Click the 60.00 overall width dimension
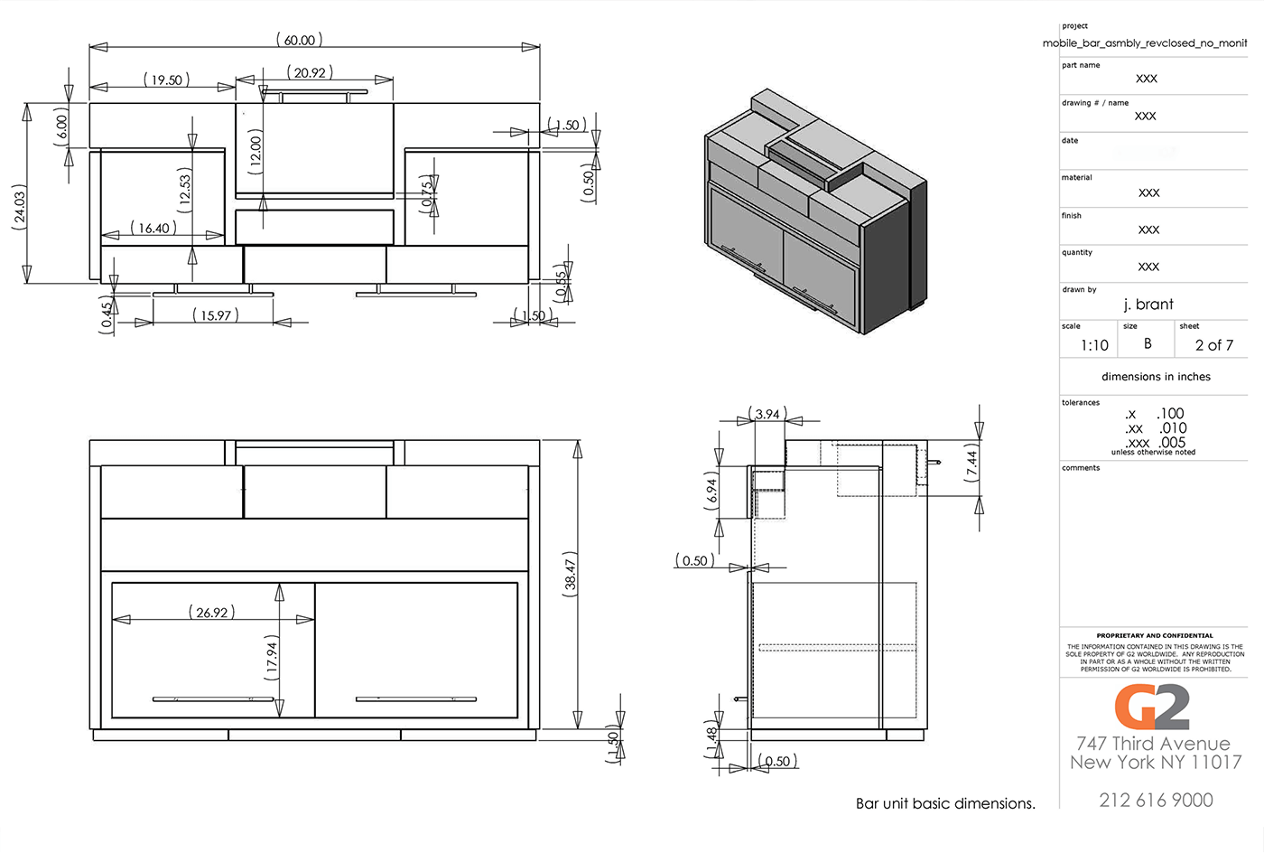[x=299, y=40]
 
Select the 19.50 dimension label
[x=166, y=80]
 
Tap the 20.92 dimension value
[x=310, y=72]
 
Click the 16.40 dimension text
[x=153, y=229]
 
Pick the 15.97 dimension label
[x=216, y=315]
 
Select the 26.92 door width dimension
[x=212, y=613]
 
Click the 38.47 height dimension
[x=571, y=571]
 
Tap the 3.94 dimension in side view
[x=767, y=414]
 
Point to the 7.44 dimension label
[x=971, y=462]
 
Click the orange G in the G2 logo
[x=1133, y=707]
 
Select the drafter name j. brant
[x=1148, y=305]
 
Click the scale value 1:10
[x=1094, y=345]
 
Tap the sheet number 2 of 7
[x=1213, y=345]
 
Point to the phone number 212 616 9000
[x=1156, y=800]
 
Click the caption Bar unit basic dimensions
[x=945, y=803]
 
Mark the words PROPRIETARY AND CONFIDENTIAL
[x=1155, y=635]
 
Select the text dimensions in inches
[x=1156, y=377]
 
